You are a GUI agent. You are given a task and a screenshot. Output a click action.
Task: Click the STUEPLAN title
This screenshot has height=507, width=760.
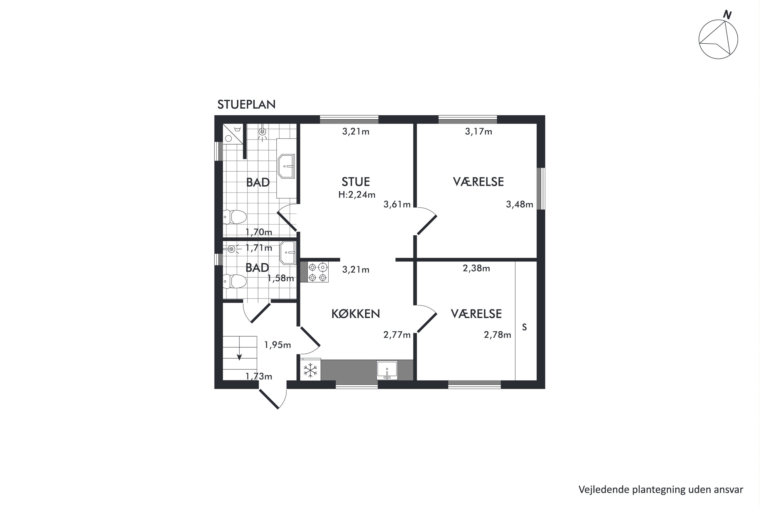click(246, 104)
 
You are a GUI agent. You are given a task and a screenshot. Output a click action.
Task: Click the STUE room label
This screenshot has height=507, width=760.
click(356, 182)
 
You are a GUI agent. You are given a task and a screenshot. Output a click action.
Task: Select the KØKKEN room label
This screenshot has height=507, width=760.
click(355, 314)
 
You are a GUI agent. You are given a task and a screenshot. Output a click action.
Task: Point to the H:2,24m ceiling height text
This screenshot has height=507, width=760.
click(357, 195)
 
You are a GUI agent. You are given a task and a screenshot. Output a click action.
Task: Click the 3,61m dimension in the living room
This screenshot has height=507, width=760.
click(397, 204)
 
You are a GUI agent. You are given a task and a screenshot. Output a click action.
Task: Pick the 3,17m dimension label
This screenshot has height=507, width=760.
click(478, 132)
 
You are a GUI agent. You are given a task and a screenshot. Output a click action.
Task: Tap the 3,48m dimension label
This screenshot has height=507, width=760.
click(519, 204)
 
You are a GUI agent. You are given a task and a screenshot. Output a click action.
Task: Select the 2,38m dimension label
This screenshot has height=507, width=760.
click(476, 268)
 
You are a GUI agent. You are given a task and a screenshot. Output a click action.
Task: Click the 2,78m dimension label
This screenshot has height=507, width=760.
click(497, 335)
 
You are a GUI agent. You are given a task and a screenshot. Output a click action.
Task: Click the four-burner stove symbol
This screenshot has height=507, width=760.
click(318, 272)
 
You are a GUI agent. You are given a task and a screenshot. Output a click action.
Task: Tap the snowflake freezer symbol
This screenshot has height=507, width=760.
click(310, 370)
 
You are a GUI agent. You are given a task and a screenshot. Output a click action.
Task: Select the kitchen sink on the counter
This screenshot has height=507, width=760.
click(387, 370)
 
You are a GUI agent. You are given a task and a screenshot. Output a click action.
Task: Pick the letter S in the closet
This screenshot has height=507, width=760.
click(524, 328)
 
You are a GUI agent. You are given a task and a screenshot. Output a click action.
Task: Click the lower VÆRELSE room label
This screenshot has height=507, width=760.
click(476, 314)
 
